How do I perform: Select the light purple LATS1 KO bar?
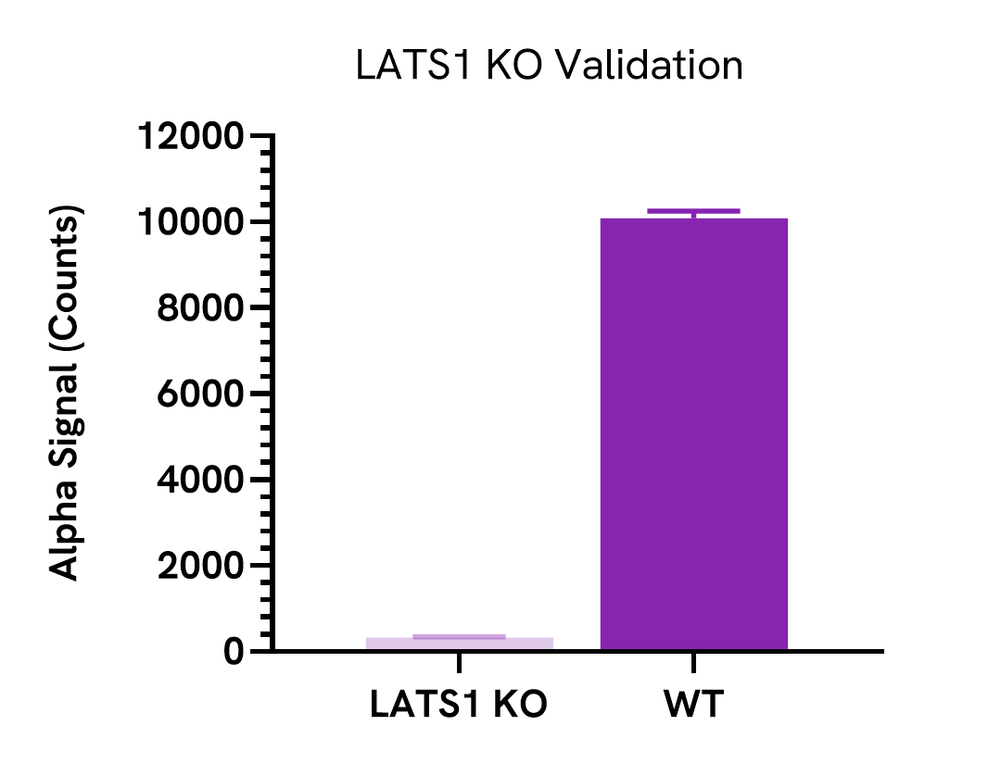point(459,644)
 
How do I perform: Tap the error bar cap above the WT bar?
point(693,211)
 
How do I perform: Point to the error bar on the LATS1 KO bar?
point(459,636)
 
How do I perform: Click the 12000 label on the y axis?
point(191,137)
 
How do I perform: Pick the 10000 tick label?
point(191,223)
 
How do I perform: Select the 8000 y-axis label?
point(200,308)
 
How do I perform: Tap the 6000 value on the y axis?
point(200,394)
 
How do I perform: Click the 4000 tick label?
point(200,481)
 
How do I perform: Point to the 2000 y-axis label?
point(200,566)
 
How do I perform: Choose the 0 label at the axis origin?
point(234,652)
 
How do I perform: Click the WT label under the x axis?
point(692,705)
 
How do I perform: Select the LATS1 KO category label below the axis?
point(459,705)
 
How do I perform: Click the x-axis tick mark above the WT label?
point(693,662)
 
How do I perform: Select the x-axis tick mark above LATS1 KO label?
point(459,662)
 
